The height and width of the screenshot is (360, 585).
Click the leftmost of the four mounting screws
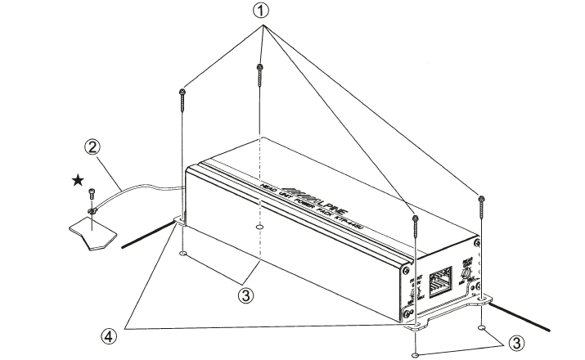[x=180, y=102]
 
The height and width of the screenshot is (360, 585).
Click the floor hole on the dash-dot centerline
[x=259, y=227]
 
